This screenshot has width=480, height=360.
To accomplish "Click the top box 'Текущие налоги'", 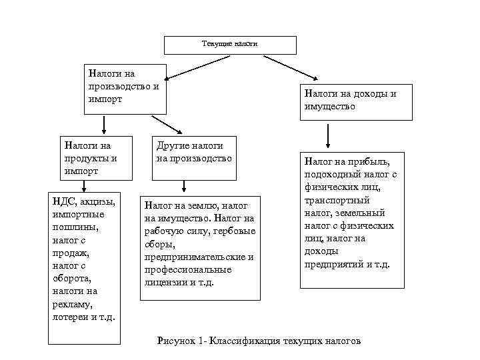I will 229,44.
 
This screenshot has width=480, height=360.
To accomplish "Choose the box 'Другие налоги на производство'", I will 194,158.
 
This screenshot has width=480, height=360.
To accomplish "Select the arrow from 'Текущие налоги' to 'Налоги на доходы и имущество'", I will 289,69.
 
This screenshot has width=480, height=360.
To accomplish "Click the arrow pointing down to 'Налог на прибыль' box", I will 328,135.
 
